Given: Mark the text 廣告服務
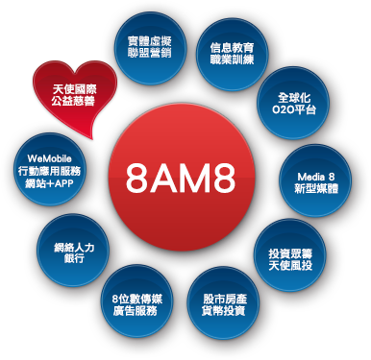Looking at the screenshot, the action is click(x=135, y=311).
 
